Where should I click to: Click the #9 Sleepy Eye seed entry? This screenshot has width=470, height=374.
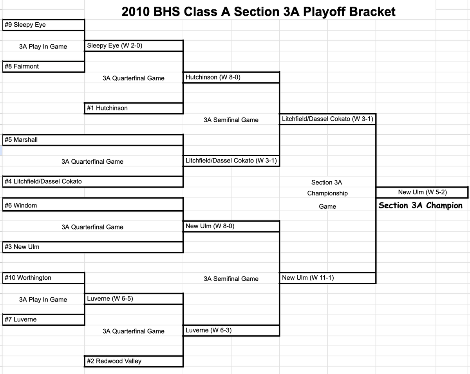[x=25, y=25]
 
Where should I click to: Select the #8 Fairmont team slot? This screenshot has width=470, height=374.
[x=22, y=67]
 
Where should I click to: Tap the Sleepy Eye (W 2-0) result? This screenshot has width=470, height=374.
[x=114, y=45]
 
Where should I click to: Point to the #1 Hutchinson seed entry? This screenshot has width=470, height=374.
[x=107, y=108]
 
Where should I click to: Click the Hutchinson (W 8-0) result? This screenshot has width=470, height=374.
[x=213, y=77]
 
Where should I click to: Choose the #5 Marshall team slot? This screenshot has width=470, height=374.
[x=21, y=140]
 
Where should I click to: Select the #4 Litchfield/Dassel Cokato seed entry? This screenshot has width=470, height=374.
[x=43, y=181]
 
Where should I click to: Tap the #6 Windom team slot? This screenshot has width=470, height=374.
[x=21, y=205]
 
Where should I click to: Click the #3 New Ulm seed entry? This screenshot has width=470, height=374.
[x=22, y=247]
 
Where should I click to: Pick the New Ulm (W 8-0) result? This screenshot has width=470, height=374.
[x=210, y=226]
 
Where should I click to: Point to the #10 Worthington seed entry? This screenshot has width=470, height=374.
[x=28, y=278]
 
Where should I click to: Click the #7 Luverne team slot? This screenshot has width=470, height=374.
[x=21, y=320]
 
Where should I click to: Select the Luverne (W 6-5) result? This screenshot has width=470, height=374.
[x=110, y=299]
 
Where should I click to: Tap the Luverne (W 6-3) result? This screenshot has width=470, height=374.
[x=208, y=330]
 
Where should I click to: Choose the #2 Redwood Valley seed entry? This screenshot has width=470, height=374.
[x=114, y=361]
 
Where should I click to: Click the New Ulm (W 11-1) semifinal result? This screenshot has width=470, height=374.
[x=308, y=278]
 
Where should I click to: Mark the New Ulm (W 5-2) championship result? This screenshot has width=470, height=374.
[x=422, y=192]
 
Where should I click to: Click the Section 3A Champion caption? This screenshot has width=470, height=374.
[x=420, y=206]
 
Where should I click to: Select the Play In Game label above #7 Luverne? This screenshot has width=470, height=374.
[x=43, y=300]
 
